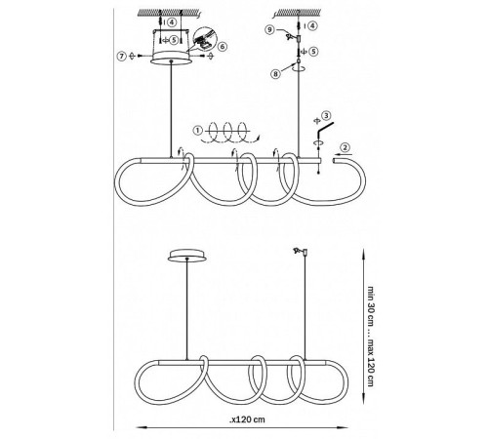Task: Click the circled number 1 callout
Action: [x=197, y=131]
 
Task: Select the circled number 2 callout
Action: [x=346, y=147]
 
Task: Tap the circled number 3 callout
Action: [x=326, y=115]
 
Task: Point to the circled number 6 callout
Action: [x=223, y=47]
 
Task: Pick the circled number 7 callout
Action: [x=121, y=56]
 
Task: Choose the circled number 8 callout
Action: [x=275, y=74]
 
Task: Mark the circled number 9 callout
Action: [x=269, y=29]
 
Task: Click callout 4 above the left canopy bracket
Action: [x=172, y=22]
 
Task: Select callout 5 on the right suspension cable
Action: [x=313, y=52]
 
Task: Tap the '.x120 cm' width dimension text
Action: [x=247, y=419]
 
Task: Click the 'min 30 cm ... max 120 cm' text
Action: [x=371, y=336]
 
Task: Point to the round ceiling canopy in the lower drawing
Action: [x=186, y=256]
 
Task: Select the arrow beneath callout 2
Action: [x=342, y=154]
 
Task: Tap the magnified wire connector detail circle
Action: [x=204, y=39]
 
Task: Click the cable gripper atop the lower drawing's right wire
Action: [x=301, y=252]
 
